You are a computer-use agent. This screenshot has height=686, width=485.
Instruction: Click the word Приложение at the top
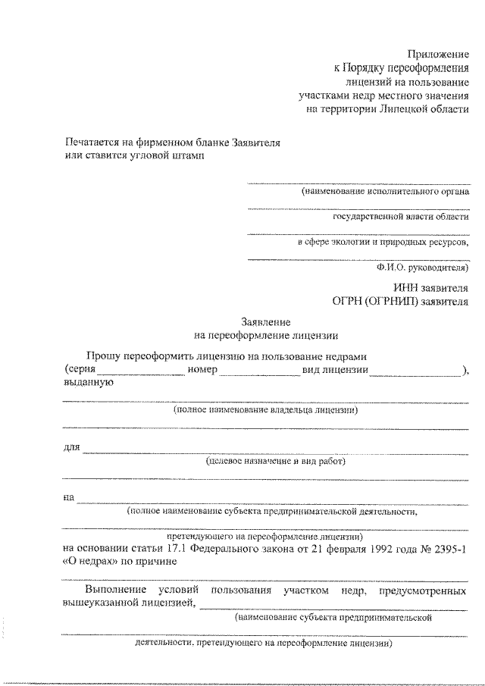(x=439, y=54)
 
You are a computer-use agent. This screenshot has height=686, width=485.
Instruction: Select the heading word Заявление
(x=265, y=321)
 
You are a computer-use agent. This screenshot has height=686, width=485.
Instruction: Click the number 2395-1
(x=449, y=548)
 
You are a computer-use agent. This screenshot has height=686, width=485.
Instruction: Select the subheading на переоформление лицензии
(x=265, y=334)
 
